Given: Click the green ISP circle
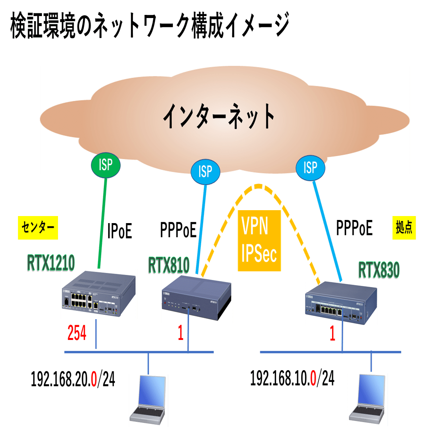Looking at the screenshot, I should point(105,165).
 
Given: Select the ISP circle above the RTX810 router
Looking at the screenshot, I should point(205,171).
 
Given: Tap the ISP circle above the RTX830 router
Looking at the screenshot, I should point(311,168).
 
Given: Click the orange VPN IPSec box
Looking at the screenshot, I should point(259,240).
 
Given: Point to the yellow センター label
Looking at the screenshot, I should point(38,227).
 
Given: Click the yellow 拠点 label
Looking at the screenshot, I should point(403,227).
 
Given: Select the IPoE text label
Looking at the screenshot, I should point(120,231).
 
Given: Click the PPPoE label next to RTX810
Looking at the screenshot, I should point(178,230).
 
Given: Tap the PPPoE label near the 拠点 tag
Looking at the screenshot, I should point(354,227).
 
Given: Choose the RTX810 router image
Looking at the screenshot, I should point(196,298).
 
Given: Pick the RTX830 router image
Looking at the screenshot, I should point(342,303).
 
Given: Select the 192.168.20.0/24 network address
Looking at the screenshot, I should point(73,380).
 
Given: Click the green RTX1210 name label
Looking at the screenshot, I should point(51,264).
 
